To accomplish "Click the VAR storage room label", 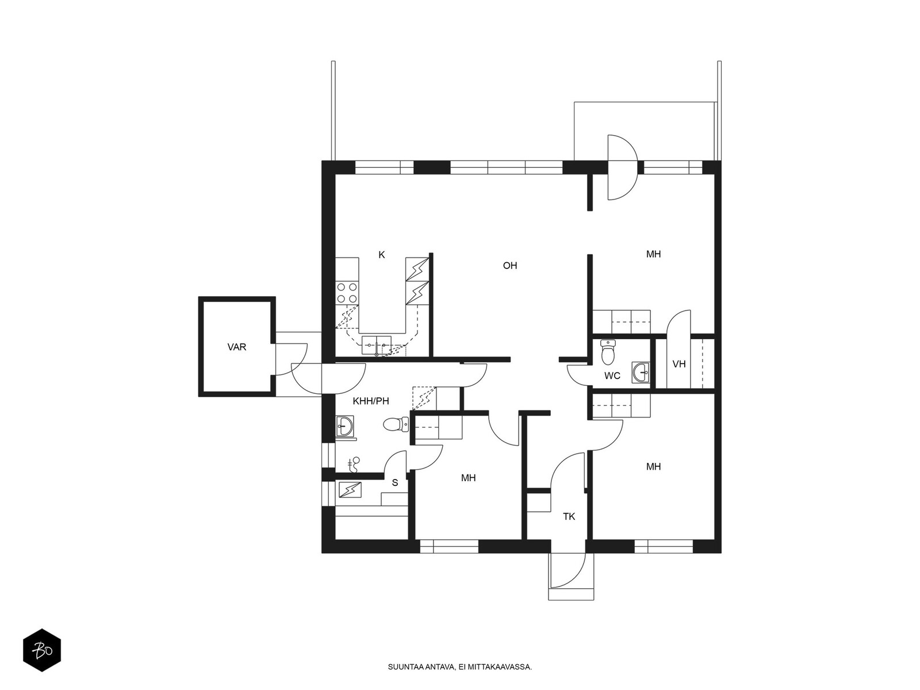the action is pyautogui.click(x=236, y=347).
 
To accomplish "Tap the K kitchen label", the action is pyautogui.click(x=381, y=255).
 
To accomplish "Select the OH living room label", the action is pyautogui.click(x=509, y=266).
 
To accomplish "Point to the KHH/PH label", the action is pyautogui.click(x=371, y=401).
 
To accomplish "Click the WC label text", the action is pyautogui.click(x=612, y=376).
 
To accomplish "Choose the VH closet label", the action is pyautogui.click(x=679, y=364).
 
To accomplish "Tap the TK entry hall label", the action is pyautogui.click(x=569, y=516).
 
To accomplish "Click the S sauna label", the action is pyautogui.click(x=394, y=482).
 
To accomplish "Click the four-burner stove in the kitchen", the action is pyautogui.click(x=347, y=293).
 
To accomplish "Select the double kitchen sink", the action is pyautogui.click(x=377, y=345).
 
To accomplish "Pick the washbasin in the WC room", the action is pyautogui.click(x=641, y=373).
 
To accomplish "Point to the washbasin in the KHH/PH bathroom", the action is pyautogui.click(x=344, y=426).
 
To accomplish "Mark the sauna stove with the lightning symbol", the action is pyautogui.click(x=350, y=489).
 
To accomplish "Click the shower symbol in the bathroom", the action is pyautogui.click(x=354, y=465).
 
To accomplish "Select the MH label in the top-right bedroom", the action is pyautogui.click(x=653, y=254).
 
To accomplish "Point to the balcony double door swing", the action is pyautogui.click(x=623, y=167).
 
